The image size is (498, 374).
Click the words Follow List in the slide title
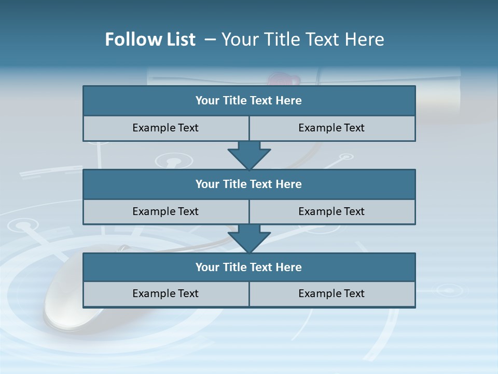coord(150,39)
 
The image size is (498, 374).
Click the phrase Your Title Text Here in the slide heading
coord(302,39)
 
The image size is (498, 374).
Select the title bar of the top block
coord(249,101)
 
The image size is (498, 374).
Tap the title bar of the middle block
coord(249,184)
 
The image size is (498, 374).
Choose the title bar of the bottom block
coord(249,267)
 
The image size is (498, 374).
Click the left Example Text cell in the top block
coord(165,128)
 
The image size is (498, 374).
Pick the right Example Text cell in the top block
coord(331,128)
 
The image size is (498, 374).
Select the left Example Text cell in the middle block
coord(165,211)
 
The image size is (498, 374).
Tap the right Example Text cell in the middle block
coord(331,211)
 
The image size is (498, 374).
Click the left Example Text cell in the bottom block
coord(165,293)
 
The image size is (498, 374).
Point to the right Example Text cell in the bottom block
coord(331,293)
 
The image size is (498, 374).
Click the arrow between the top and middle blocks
coord(249,155)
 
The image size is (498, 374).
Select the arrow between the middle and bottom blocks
coord(249,238)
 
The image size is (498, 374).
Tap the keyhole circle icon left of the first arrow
coord(174,161)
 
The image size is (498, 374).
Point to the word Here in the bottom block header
coord(289,267)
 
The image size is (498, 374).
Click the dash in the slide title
coord(210,39)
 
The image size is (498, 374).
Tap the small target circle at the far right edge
coord(445,289)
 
